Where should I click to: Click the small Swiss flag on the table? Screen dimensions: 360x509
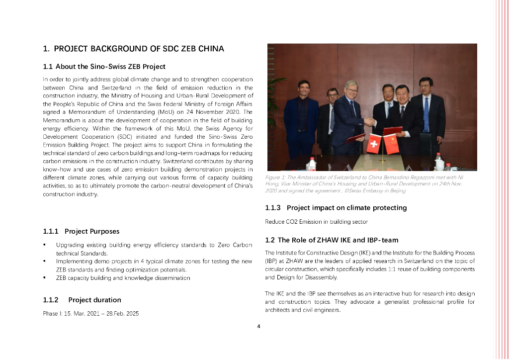point(373,144)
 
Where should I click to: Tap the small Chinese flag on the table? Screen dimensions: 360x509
point(392,144)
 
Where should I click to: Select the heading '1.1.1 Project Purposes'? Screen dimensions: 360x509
point(81,231)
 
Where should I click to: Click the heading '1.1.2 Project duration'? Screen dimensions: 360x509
point(82,300)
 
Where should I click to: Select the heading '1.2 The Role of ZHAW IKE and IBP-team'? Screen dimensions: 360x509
point(332,240)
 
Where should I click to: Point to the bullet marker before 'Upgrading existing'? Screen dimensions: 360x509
point(45,245)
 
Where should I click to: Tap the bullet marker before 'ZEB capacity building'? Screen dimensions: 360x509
point(45,278)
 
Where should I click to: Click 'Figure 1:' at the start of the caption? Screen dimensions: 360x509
point(276,178)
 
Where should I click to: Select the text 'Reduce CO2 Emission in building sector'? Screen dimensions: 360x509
point(316,221)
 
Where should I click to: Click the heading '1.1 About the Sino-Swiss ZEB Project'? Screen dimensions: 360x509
point(104,66)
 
